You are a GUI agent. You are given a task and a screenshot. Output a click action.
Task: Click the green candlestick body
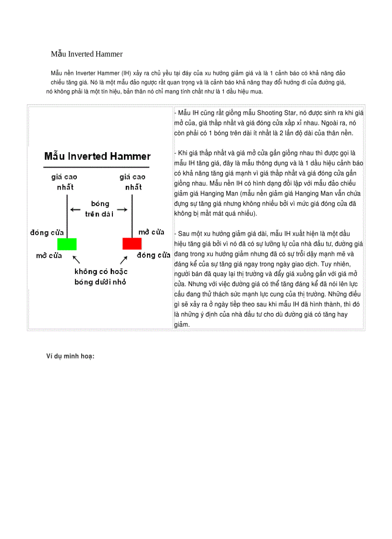point(67,243)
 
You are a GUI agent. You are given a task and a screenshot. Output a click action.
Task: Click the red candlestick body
point(132,243)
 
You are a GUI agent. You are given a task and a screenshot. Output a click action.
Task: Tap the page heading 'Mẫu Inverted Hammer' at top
point(86,54)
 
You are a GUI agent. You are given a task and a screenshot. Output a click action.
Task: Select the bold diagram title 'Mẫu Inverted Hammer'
point(98,156)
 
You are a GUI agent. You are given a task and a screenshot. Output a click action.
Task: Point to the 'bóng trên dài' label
point(99,209)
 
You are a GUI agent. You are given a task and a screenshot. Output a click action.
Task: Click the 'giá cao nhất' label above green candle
point(65,182)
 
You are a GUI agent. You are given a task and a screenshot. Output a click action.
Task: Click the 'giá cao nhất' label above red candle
point(132,182)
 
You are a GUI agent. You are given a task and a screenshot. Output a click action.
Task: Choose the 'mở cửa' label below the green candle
point(49,255)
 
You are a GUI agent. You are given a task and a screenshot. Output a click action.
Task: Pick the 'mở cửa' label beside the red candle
point(151,232)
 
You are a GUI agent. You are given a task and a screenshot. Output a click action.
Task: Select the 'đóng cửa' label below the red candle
point(154,255)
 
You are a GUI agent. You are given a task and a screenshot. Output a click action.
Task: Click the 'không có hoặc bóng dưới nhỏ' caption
point(100,277)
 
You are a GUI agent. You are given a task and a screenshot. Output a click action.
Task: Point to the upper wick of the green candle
point(67,214)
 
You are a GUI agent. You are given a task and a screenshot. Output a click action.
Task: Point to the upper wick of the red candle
point(132,214)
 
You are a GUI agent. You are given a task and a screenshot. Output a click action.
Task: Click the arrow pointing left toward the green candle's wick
point(75,209)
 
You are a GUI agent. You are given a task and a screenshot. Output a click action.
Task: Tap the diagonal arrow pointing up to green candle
point(75,260)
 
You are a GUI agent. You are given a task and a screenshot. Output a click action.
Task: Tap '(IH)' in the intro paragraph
point(126,73)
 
